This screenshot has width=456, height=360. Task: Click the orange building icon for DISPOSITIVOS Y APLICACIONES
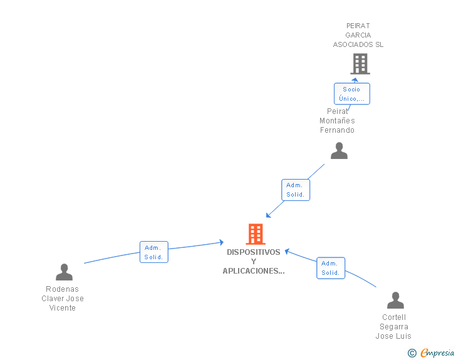coord(255,234)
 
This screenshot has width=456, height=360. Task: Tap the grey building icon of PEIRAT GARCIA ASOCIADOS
coord(360,64)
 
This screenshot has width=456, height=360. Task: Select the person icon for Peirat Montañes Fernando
coord(339,151)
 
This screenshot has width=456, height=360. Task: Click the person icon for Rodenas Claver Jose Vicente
coord(64,272)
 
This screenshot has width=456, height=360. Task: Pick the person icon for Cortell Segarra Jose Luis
coord(395,301)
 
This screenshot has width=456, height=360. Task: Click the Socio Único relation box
coord(351,94)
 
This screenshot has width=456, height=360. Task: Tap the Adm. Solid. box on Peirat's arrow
coord(295,190)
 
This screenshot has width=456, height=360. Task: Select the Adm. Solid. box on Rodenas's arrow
coord(153,252)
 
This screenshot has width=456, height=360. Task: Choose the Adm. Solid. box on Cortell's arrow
coord(330,268)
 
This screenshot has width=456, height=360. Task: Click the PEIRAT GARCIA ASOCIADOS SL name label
coord(358,36)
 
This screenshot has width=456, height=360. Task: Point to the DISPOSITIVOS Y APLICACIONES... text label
coord(254,262)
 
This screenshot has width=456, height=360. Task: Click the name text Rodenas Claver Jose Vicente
coord(63,299)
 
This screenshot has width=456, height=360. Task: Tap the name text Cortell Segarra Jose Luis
coord(393,327)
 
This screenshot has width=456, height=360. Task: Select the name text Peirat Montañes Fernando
coord(337,121)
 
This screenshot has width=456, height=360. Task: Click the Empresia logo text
coord(437,353)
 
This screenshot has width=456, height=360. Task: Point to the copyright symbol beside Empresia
coord(412,354)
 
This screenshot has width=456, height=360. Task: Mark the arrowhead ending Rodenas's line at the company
coord(221,242)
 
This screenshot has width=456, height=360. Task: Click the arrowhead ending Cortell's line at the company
coord(287,251)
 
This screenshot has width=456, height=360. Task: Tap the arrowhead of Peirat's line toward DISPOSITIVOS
coord(268,215)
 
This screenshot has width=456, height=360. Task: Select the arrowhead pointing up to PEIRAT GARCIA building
coord(355,80)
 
